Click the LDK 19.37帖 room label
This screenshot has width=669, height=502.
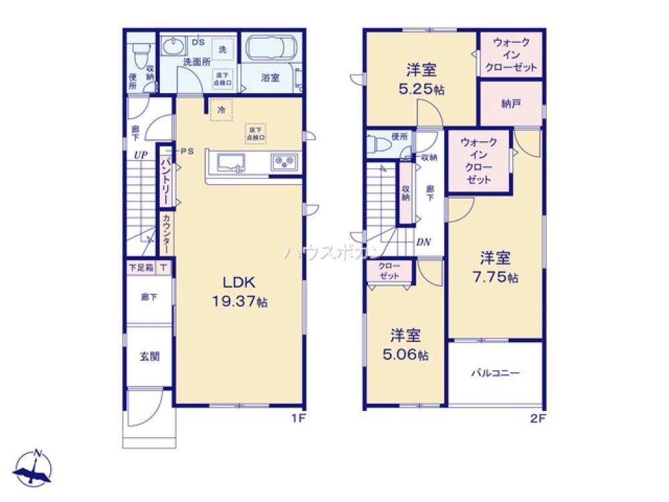point(240,292)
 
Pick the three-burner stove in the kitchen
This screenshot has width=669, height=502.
point(286,162)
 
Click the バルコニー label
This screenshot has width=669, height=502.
point(495,373)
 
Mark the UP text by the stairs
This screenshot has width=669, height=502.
point(140,155)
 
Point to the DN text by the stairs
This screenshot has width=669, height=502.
point(423,242)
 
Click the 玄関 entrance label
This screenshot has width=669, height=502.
point(149,357)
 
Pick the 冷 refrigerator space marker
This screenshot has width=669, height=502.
point(221,108)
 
